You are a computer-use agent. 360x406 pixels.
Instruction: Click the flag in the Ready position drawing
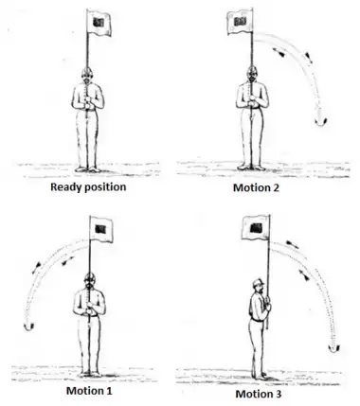coord(99,23)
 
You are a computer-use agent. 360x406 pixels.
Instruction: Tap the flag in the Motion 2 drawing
coord(240,22)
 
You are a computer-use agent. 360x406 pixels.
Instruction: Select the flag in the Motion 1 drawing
coord(101,229)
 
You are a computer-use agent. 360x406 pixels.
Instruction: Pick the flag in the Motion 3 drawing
coord(256,228)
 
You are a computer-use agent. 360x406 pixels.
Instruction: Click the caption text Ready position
coord(88,187)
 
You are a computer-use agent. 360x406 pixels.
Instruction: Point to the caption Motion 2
coord(256,187)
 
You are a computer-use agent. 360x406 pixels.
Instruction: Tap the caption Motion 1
coord(89,391)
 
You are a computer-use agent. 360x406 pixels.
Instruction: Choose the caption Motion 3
coord(259,394)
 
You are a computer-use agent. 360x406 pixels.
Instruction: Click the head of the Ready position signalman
coord(87,76)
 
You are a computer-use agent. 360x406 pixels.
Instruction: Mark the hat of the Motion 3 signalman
coord(258,282)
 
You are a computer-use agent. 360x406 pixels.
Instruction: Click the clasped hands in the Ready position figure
coord(89,103)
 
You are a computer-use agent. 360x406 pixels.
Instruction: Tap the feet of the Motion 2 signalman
coord(251,168)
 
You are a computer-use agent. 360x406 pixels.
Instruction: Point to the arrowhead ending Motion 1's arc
coord(29,327)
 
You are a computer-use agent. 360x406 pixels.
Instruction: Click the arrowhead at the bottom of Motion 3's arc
coord(333,348)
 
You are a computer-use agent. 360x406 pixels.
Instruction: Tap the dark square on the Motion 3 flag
coord(256,227)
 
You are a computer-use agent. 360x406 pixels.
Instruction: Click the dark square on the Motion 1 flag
coord(100,229)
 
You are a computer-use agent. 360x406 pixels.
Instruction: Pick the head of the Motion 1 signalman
coord(90,281)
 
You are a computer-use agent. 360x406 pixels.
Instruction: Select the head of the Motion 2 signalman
coord(251,74)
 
